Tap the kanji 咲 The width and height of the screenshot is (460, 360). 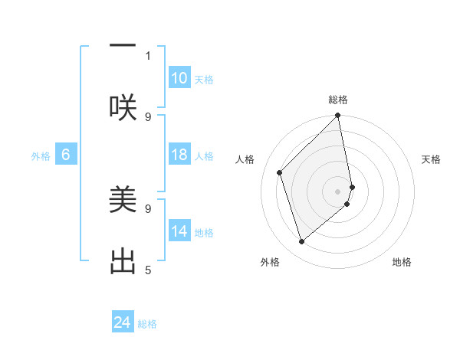coord(123,107)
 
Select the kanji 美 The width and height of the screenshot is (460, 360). coord(123,200)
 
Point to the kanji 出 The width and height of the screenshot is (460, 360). coord(123,260)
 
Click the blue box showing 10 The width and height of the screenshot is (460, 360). coord(179,78)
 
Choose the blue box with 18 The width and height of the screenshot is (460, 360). coord(179,155)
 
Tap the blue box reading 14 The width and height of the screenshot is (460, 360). coord(179,231)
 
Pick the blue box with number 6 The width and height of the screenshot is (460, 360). coord(66,155)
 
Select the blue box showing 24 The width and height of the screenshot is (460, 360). coord(123,322)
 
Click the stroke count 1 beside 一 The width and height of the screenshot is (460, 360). coord(148,55)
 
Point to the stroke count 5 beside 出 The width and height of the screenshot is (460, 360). coord(148,270)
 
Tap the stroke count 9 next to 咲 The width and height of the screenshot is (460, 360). coord(148,116)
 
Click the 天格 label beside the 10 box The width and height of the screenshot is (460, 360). coord(204,80)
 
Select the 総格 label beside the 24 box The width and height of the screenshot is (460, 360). coord(147,324)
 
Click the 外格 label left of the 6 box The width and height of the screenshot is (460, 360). coord(41,156)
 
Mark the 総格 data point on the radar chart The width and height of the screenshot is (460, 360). coord(338,116)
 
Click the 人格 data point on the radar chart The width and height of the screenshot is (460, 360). coord(280,172)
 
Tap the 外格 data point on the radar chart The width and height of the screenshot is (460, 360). coord(301,242)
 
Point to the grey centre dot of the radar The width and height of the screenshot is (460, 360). coord(338,191)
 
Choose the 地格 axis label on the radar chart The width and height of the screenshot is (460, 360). coord(402,262)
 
